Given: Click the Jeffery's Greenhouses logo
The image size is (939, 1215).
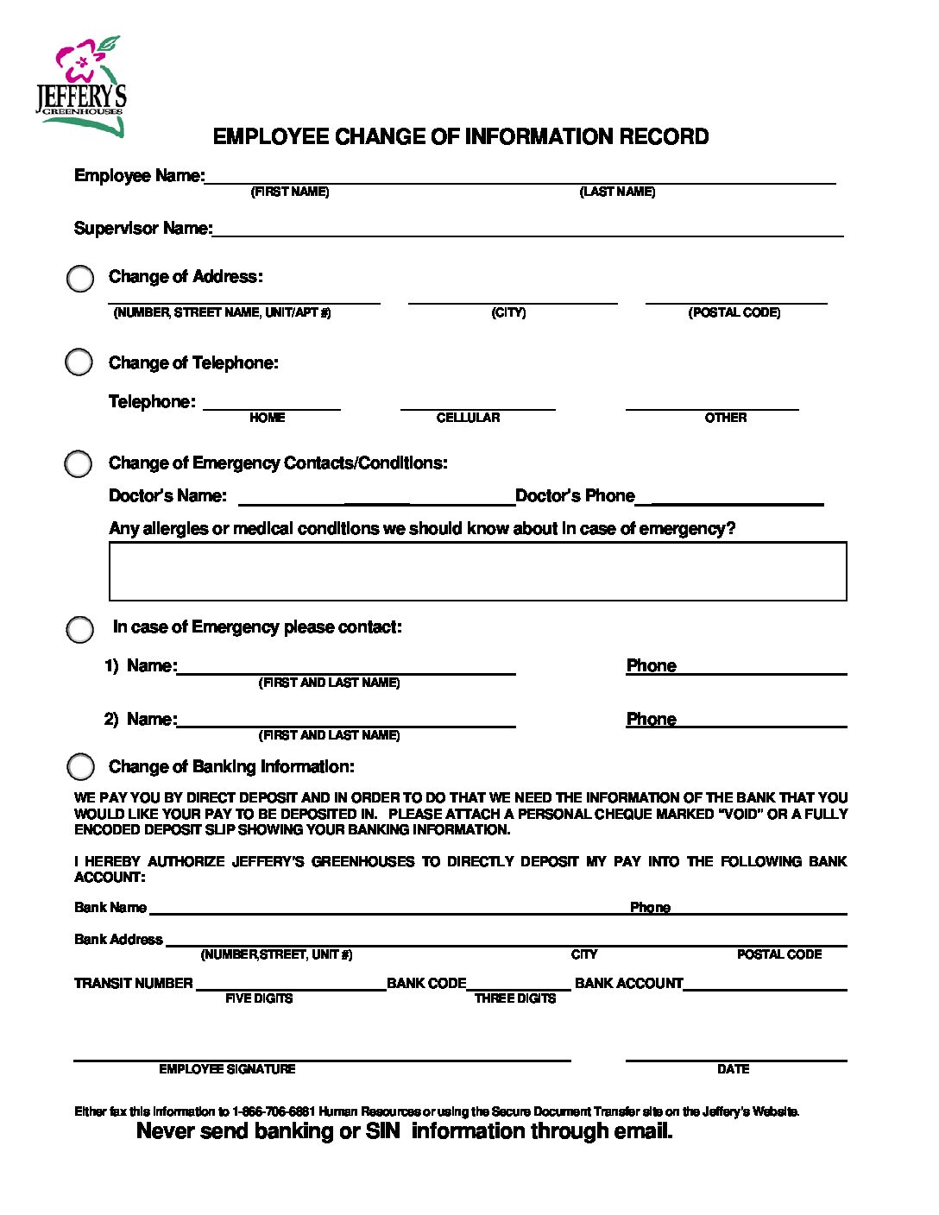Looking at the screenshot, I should coord(82,86).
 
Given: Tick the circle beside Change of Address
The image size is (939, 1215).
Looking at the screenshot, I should coord(80,279).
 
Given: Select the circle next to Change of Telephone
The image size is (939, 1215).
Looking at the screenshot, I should coord(79,362).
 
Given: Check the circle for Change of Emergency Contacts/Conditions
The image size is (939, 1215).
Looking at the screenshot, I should coord(78,463).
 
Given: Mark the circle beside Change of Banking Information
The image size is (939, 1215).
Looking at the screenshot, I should coord(80,766).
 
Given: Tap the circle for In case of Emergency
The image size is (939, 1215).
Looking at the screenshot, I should coord(79,629).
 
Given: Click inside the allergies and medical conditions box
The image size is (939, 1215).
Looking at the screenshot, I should coord(477,571).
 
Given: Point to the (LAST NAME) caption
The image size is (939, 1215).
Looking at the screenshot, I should coord(617,192).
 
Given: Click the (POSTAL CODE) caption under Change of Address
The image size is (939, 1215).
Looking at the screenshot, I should coord(734,312).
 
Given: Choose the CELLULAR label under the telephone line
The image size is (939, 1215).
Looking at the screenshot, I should coord(468,418).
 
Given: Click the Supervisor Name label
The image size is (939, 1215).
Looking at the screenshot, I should coord(142,229).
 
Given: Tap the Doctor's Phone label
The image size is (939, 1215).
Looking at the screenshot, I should coord(575,496).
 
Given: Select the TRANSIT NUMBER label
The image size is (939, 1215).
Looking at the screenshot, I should coord(134,983).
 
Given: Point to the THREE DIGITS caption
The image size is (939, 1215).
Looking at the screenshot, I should coord(515,998).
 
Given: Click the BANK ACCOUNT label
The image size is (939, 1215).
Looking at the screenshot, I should coord(628,983).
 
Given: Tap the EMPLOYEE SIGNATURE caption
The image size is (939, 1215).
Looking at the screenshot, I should coord(227,1069).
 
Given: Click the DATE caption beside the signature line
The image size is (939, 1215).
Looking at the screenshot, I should coord(733,1069).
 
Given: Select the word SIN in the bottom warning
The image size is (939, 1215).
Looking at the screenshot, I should coord(382,1131).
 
